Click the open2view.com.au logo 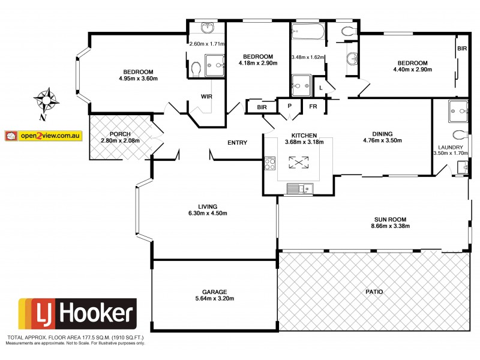pos(43,136)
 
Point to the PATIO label pos(373,292)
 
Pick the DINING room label pos(382,134)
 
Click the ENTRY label pos(237,142)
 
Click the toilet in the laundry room pos(460,134)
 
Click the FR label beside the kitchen pos(313,107)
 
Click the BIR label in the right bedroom pos(461,48)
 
